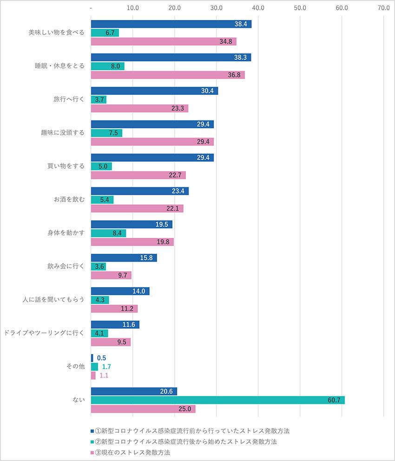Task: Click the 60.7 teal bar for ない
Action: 217,400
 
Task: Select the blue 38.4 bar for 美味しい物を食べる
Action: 171,24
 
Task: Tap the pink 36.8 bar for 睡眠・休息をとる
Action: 168,75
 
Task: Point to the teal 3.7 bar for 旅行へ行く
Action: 99,99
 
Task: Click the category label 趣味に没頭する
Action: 63,133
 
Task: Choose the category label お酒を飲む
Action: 69,200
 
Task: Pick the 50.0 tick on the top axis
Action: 300,8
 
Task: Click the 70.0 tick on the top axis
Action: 384,8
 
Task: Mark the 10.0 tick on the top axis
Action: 133,8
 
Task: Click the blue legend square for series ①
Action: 92,431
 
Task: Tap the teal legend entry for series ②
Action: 186,441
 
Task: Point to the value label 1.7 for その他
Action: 106,367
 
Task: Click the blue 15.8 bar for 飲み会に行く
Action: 124,258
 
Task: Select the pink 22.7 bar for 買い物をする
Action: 138,175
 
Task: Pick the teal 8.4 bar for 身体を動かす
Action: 108,233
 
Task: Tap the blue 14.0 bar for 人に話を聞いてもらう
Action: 120,291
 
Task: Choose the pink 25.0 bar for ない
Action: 143,409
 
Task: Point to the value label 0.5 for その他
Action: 101,358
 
